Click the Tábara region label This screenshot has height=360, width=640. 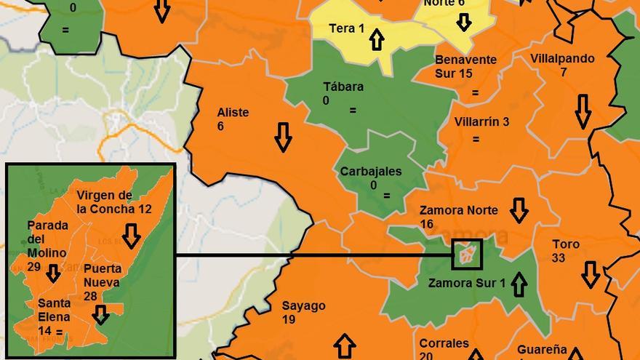point(343,87)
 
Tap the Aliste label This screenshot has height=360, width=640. point(233,112)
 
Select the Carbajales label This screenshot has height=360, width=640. point(371,172)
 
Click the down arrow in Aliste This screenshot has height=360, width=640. point(284,136)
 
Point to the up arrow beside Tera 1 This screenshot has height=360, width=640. point(376,39)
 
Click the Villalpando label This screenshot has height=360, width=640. point(562,58)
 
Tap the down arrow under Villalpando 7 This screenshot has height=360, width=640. point(583,111)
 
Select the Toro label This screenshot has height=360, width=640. point(566,244)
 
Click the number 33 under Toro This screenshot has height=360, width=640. point(559,258)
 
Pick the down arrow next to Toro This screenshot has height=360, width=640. point(591,274)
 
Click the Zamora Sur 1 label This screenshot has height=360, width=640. point(466,283)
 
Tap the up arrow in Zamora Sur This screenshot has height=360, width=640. point(519,284)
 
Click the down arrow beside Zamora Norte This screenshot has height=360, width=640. point(519,210)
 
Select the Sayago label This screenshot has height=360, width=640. point(303,305)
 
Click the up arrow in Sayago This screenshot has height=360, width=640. point(345,346)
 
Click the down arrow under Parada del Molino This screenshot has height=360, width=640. point(53,273)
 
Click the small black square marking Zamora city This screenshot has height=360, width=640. point(467,254)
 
